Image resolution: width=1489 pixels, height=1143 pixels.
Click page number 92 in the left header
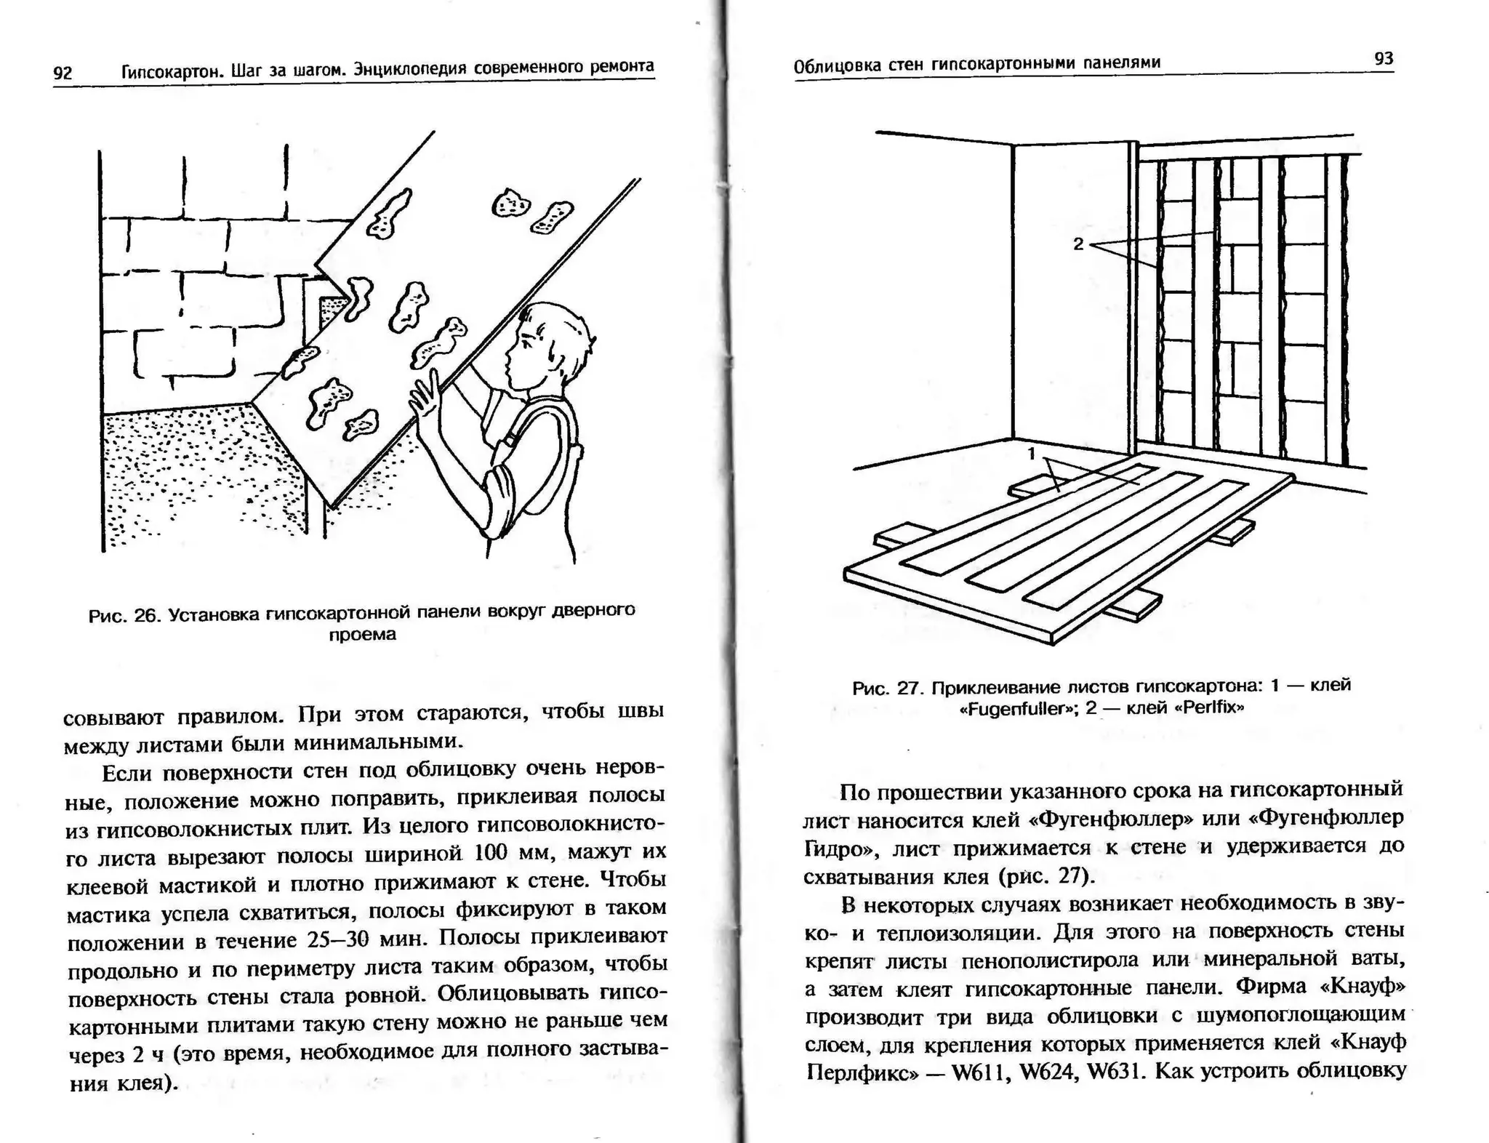coord(63,72)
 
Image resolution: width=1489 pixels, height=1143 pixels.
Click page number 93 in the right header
coord(1384,59)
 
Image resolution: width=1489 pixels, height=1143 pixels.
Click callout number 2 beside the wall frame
coord(1078,244)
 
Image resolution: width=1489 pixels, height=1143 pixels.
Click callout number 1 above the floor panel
coord(1031,454)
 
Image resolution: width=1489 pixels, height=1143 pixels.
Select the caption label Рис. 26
coord(124,616)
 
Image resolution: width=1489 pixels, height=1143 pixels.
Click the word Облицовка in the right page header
coord(832,66)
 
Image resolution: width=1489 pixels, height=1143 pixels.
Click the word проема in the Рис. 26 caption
coord(362,635)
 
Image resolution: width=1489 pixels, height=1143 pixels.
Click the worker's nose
coord(507,362)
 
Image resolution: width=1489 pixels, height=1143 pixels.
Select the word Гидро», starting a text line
coord(839,849)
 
